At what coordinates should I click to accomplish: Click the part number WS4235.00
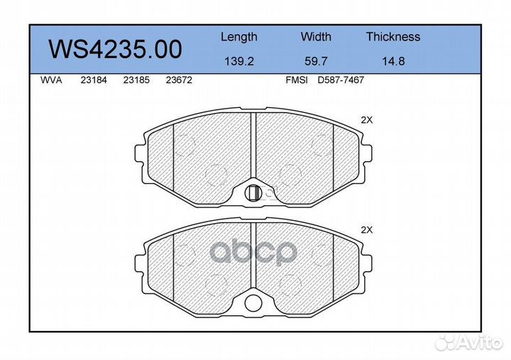tap(115, 50)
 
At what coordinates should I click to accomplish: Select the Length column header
tap(239, 37)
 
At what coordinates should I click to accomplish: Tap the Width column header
tap(316, 36)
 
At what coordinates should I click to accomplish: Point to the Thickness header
tap(393, 36)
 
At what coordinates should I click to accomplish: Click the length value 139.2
tap(239, 61)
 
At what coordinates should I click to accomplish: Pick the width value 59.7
tap(316, 61)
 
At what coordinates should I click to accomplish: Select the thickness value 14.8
tap(393, 61)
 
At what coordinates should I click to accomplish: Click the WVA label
tap(51, 80)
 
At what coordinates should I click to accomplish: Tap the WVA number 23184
tap(94, 80)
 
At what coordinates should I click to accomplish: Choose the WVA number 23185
tap(136, 80)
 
